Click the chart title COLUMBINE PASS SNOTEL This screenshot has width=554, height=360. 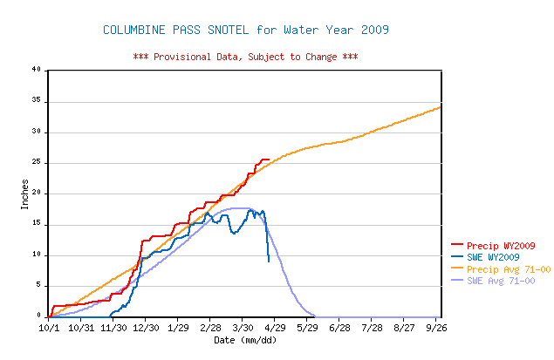(176, 30)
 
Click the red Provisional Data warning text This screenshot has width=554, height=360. (245, 57)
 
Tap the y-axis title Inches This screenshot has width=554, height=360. (24, 194)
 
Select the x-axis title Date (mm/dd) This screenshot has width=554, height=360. (245, 340)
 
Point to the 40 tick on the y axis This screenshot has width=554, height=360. (37, 69)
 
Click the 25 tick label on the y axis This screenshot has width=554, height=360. (37, 162)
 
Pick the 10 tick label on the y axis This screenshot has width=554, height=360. (37, 255)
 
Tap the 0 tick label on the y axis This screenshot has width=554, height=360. (39, 316)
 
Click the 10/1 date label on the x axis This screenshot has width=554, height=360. (49, 328)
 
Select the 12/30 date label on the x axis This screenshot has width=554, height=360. (146, 328)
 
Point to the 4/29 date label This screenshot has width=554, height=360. (275, 328)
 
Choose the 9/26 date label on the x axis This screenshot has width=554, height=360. (436, 328)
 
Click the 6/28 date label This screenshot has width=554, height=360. (339, 328)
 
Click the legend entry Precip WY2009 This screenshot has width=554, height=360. (493, 246)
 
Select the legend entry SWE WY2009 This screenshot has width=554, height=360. (485, 257)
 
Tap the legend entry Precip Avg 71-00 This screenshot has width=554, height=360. (501, 269)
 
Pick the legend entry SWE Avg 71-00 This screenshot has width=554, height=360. (493, 281)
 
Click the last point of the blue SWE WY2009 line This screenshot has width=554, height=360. (269, 262)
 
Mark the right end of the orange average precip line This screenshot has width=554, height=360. (441, 106)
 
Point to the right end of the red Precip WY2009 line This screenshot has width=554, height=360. (270, 160)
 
